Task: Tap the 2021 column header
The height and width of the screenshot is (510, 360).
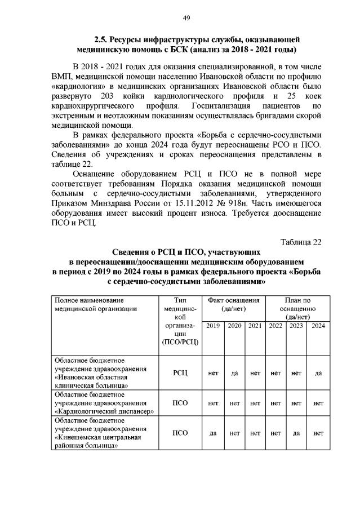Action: [x=255, y=326]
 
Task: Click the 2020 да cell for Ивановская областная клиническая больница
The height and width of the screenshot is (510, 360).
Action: [x=234, y=372]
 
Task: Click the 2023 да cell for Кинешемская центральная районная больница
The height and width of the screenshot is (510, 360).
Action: [x=296, y=433]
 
